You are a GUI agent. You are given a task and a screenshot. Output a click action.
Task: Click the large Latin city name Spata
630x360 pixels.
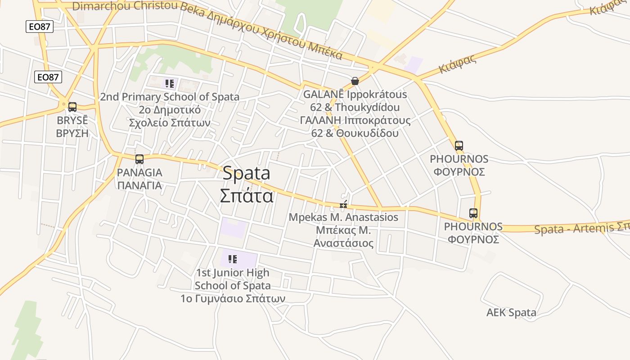(246, 173)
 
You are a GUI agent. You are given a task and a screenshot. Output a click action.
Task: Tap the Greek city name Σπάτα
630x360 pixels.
(246, 196)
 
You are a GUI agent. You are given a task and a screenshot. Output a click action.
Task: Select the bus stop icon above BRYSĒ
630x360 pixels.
(72, 107)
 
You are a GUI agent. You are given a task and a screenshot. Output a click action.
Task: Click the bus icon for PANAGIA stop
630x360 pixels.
(139, 159)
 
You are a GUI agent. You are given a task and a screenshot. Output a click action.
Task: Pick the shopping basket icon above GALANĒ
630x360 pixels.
(355, 81)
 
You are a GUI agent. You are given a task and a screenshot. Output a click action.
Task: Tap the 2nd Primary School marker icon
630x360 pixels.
(169, 84)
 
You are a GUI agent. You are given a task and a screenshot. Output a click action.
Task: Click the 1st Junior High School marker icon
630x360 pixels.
(232, 259)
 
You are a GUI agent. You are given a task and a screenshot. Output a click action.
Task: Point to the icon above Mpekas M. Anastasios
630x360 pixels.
(343, 205)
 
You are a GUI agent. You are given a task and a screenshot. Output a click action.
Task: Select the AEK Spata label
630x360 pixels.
(511, 312)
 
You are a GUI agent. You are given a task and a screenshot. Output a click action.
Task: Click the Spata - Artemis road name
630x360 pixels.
(580, 228)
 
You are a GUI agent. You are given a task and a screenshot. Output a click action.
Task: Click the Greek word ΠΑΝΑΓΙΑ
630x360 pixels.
(139, 185)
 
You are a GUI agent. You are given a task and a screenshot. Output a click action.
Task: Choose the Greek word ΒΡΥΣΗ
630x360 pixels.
(72, 134)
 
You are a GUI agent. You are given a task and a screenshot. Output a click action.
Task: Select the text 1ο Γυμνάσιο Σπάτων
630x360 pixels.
(233, 298)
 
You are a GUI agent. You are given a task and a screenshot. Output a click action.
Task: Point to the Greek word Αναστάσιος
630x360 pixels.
(343, 243)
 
